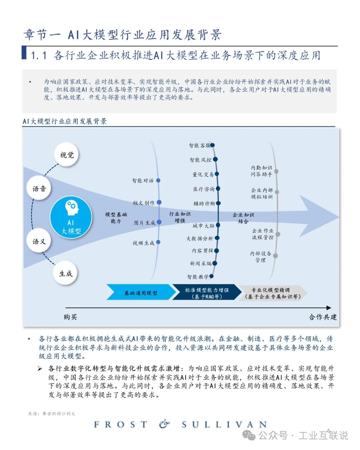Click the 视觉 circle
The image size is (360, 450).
[67, 155]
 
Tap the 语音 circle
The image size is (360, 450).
[39, 189]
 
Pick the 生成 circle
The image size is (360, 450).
[66, 273]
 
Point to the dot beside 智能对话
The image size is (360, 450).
[158, 180]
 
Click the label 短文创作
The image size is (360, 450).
[144, 203]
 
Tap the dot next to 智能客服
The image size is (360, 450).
[212, 145]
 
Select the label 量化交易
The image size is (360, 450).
[203, 174]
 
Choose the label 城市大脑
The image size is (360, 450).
[203, 226]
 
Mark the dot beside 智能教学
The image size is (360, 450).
[211, 276]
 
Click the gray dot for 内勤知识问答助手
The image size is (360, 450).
[276, 171]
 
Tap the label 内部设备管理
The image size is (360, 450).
[261, 257]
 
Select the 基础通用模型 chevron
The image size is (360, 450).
[141, 293]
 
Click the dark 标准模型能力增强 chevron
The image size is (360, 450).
[207, 293]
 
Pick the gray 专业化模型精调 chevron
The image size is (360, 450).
[272, 293]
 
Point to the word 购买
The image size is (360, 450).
[70, 317]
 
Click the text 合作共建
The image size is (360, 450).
[322, 317]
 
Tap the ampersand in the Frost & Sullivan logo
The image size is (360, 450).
[164, 424]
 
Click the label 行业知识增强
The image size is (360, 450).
[180, 217]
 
